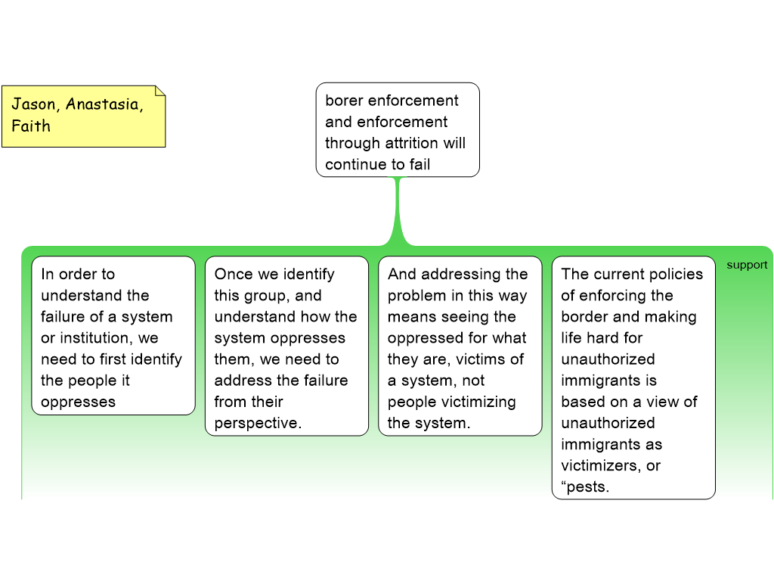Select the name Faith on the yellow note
pyautogui.click(x=31, y=126)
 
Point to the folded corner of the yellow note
pyautogui.click(x=159, y=91)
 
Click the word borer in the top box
pyautogui.click(x=345, y=101)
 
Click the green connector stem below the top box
pyautogui.click(x=398, y=212)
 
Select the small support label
pyautogui.click(x=747, y=265)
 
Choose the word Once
pyautogui.click(x=234, y=274)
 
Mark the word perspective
pyautogui.click(x=257, y=423)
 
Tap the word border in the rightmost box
pyautogui.click(x=585, y=317)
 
